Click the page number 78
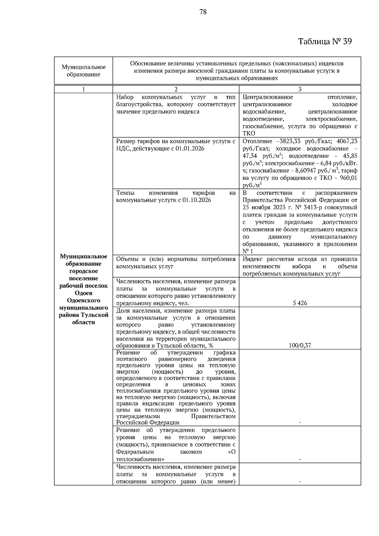click(x=203, y=12)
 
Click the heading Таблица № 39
click(x=325, y=41)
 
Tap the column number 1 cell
click(x=83, y=89)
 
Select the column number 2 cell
click(x=176, y=89)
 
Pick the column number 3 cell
click(x=300, y=89)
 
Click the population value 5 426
click(x=300, y=303)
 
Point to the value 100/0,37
click(x=300, y=346)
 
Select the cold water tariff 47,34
click(x=249, y=156)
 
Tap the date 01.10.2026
click(x=196, y=200)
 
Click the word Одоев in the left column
click(x=83, y=293)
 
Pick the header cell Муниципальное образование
click(x=83, y=71)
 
